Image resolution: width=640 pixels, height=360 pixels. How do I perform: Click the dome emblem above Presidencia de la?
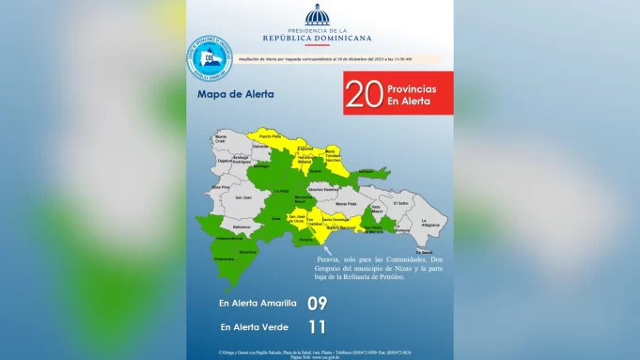(x=318, y=14)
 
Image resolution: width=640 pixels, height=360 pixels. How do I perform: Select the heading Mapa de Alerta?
(x=229, y=95)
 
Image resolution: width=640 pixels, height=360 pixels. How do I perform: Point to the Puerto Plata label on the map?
(x=271, y=137)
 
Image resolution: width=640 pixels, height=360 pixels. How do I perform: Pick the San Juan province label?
(x=243, y=197)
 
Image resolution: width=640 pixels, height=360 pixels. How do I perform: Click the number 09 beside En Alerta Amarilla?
(x=319, y=304)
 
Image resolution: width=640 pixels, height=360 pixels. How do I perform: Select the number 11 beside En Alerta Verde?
(x=319, y=327)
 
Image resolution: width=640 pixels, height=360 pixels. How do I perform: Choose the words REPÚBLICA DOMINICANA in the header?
(x=319, y=39)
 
